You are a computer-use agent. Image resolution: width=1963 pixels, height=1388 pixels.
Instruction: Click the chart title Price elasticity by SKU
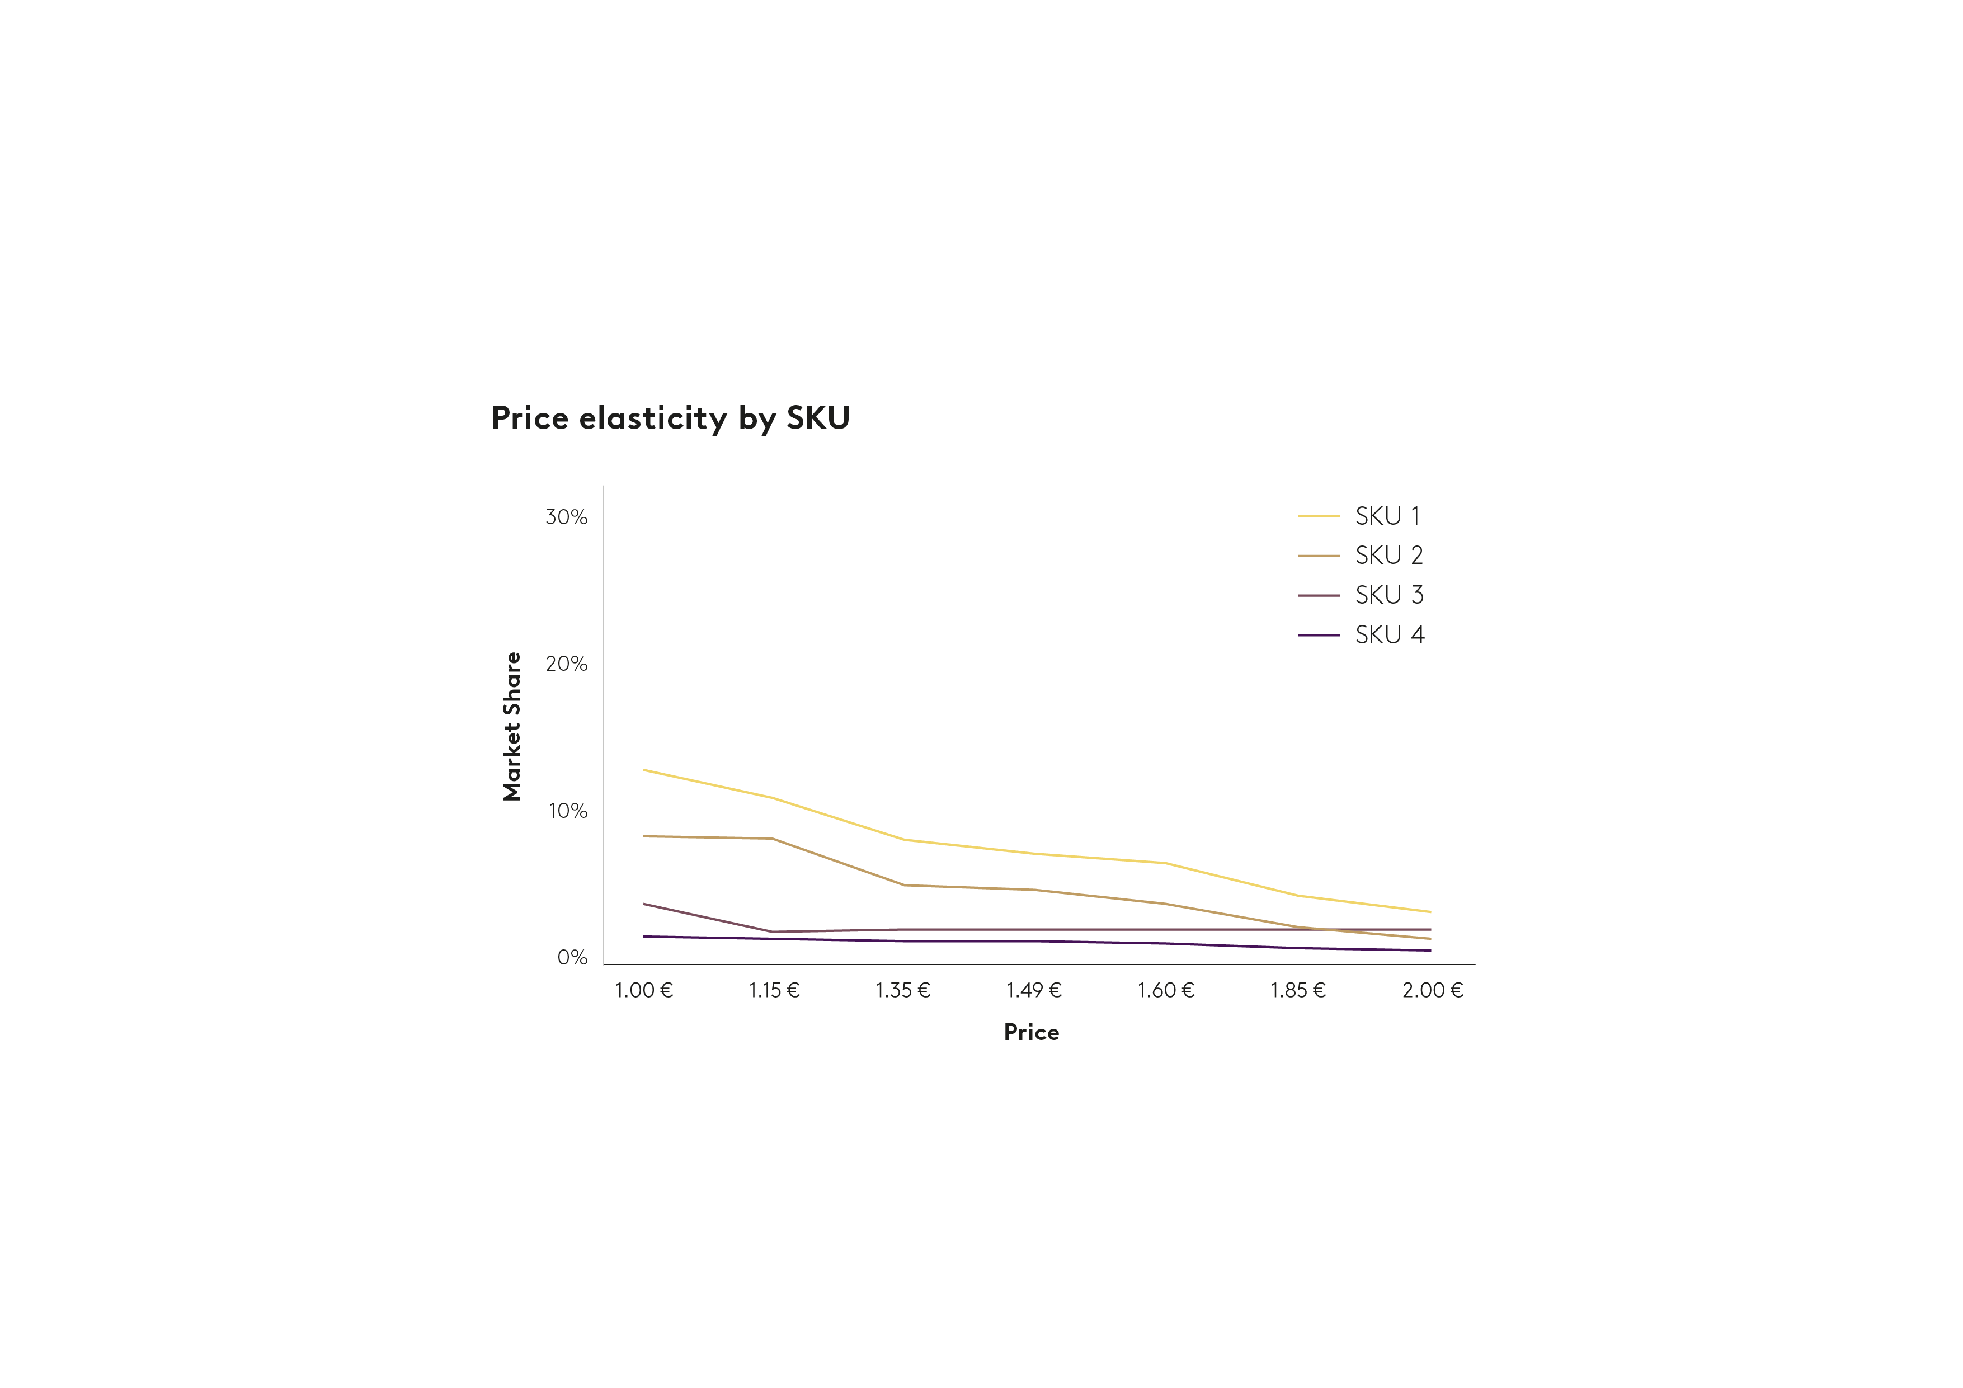670,418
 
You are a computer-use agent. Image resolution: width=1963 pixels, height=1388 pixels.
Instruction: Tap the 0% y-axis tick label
572,957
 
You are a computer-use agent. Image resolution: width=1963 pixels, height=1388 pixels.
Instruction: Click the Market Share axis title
511,726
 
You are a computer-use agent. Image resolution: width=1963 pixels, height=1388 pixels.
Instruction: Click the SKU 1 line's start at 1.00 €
644,770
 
